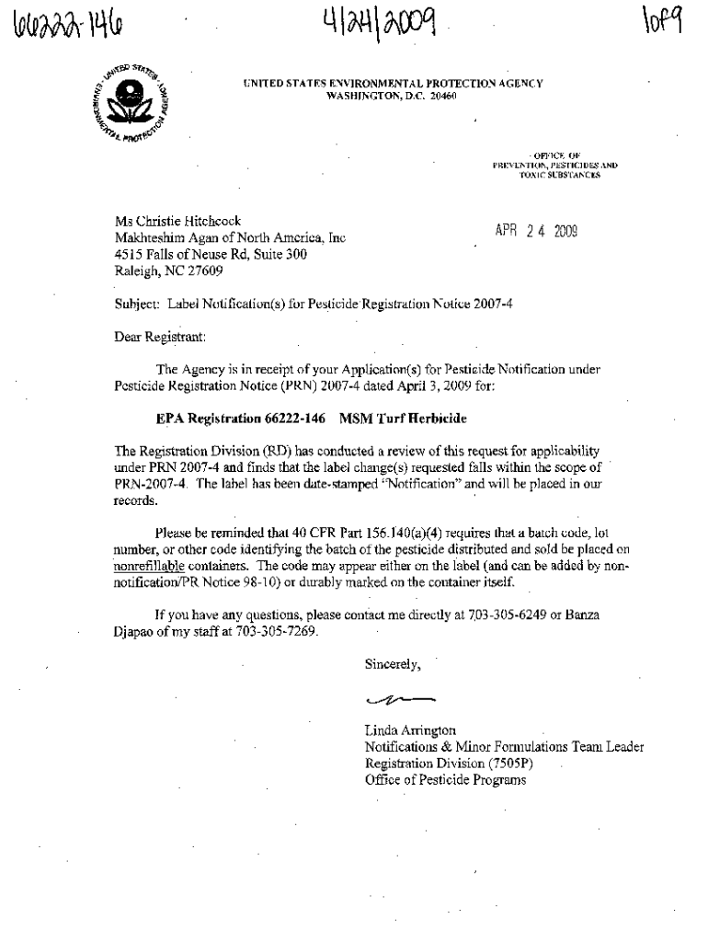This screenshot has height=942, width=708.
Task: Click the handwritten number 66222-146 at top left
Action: pyautogui.click(x=59, y=21)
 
